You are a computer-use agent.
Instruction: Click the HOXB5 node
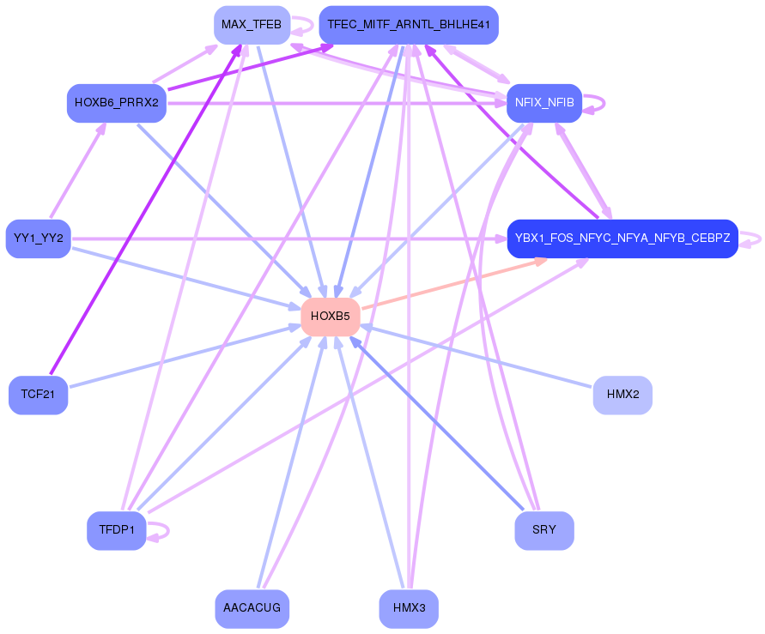pyautogui.click(x=330, y=317)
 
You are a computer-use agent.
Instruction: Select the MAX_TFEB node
pyautogui.click(x=251, y=24)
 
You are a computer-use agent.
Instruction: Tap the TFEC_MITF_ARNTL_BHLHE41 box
pyautogui.click(x=408, y=24)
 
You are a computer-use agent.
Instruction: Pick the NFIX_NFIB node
pyautogui.click(x=544, y=103)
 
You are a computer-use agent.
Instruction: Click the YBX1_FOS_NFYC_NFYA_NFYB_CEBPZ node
pyautogui.click(x=622, y=239)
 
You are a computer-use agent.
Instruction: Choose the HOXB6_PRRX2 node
pyautogui.click(x=116, y=103)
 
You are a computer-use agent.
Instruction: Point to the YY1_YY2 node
pyautogui.click(x=38, y=239)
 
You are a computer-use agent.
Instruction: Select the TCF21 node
pyautogui.click(x=38, y=395)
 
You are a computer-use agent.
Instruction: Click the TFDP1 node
pyautogui.click(x=116, y=530)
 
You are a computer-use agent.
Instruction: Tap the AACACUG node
pyautogui.click(x=252, y=608)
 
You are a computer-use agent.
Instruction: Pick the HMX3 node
pyautogui.click(x=409, y=608)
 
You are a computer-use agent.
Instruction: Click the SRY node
pyautogui.click(x=543, y=530)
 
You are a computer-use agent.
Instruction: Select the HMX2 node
pyautogui.click(x=622, y=395)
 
